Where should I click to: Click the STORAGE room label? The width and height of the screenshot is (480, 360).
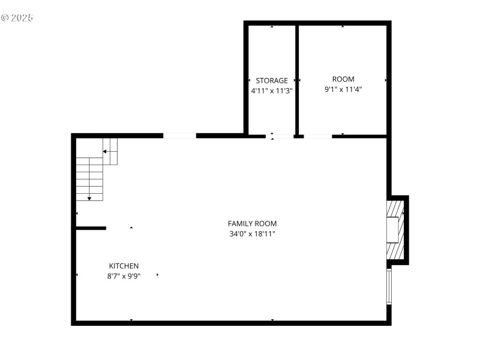click(x=272, y=80)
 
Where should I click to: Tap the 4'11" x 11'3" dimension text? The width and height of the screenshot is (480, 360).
click(x=272, y=91)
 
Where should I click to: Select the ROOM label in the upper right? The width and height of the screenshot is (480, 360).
click(x=343, y=79)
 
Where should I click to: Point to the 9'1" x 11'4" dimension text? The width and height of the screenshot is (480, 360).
click(x=343, y=89)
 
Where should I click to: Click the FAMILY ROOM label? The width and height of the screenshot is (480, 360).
click(x=252, y=223)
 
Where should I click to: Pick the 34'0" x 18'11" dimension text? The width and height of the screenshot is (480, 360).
click(x=252, y=234)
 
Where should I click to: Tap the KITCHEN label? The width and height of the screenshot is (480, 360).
click(x=124, y=266)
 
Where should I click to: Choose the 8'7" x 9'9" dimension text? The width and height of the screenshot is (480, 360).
click(x=124, y=277)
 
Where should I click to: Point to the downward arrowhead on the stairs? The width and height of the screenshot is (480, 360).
click(x=89, y=198)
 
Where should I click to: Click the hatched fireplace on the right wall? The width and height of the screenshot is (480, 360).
click(x=395, y=229)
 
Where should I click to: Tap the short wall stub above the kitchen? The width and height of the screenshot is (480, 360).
click(x=91, y=228)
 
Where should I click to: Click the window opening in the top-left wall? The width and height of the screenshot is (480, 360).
click(x=179, y=136)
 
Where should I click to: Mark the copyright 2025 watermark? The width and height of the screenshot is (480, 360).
click(x=17, y=17)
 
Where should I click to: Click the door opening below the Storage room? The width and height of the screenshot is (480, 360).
click(x=280, y=136)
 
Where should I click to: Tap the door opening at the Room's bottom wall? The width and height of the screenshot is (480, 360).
click(x=317, y=136)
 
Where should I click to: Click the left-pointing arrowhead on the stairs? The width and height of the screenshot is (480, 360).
click(x=105, y=152)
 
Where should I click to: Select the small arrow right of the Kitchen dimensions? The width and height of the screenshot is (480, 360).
click(x=158, y=275)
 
